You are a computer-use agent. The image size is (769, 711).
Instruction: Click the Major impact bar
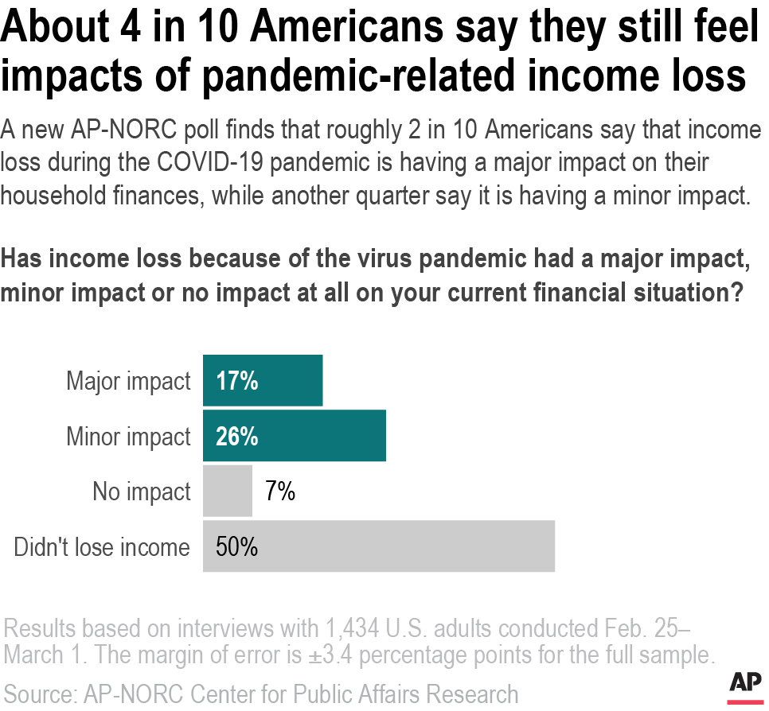(x=263, y=381)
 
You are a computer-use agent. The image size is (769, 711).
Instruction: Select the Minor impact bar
(x=295, y=436)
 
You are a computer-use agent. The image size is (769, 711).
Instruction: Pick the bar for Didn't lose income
(x=378, y=546)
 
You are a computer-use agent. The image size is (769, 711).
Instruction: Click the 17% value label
(x=236, y=381)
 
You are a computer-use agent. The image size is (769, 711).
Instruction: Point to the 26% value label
(x=237, y=436)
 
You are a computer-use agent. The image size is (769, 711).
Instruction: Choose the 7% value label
(x=279, y=491)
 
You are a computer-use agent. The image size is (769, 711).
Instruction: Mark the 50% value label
(x=237, y=546)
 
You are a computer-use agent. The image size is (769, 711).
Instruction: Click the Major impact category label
(x=128, y=381)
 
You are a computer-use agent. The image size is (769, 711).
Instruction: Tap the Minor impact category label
(x=128, y=436)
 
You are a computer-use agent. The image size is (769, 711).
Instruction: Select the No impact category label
(x=142, y=491)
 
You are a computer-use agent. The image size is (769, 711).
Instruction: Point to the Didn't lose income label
(x=102, y=547)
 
